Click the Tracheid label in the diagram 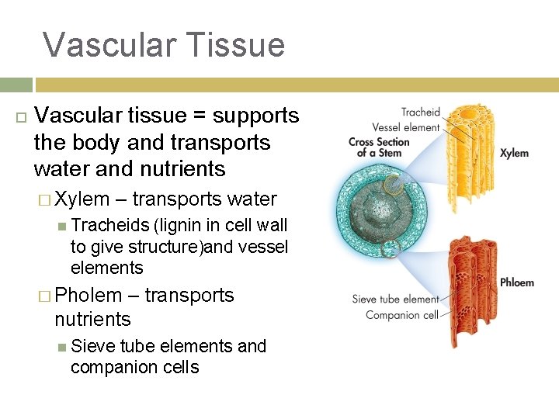[420, 113]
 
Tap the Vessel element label [405, 127]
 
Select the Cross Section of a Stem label [378, 147]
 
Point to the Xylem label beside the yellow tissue [514, 154]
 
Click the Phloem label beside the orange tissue [516, 282]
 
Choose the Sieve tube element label [395, 299]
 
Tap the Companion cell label [402, 315]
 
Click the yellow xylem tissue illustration [466, 155]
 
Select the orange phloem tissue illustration [464, 287]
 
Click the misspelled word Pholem [89, 296]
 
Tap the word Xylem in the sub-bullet [82, 199]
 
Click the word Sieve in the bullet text [91, 346]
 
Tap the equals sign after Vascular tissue [198, 116]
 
